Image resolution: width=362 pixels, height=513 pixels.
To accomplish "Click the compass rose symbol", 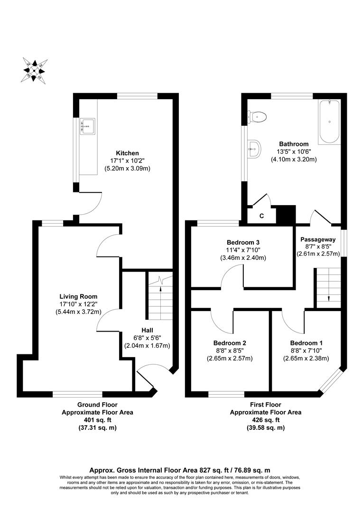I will point(34,70).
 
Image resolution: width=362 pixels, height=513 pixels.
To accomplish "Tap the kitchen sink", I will point(88,126).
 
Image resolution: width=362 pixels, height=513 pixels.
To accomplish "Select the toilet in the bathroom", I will point(259,116).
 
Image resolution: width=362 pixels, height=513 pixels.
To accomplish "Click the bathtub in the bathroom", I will point(329,122).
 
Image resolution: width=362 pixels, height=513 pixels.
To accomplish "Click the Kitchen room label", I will point(127,153).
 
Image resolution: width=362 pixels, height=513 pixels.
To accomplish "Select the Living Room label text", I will point(78,296).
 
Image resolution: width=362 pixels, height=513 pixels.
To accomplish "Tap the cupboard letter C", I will point(261,216).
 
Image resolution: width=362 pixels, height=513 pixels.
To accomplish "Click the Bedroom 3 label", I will point(242,242).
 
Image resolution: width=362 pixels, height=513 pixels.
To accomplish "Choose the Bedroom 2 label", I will point(230,342).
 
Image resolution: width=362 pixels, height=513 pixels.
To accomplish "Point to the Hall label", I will point(147,330).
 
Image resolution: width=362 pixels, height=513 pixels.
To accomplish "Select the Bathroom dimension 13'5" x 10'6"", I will point(294,152).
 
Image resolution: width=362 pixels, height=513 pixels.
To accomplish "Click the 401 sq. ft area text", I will point(97,420).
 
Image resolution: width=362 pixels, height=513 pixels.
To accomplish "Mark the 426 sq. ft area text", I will point(265,420).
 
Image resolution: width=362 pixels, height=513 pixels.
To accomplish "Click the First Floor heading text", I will point(265,405).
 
